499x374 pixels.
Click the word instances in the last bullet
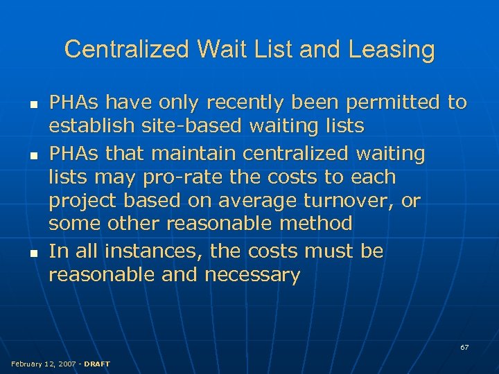pos(150,251)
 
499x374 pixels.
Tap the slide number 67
pos(464,347)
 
